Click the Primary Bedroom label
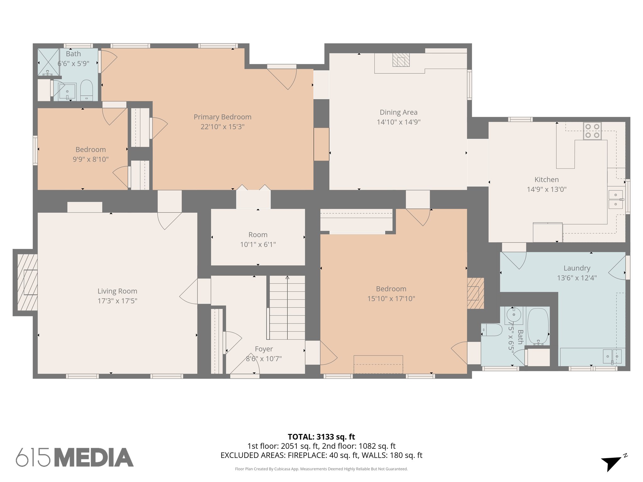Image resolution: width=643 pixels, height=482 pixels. pos(222,117)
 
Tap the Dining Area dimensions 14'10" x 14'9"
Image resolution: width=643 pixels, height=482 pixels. pos(398,122)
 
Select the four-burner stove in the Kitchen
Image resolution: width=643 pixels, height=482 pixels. pos(592,131)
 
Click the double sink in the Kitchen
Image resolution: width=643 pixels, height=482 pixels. pos(615,200)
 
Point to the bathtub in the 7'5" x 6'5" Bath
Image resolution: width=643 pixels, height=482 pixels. pos(538,326)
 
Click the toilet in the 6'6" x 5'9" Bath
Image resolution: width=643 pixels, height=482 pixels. pos(86,90)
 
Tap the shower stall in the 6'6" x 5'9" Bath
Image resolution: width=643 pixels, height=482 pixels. pos(48,62)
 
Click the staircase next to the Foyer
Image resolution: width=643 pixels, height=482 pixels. pos(287,308)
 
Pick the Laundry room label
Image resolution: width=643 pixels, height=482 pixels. pos(577,268)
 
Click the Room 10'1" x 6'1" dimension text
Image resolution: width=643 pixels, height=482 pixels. pos(258,244)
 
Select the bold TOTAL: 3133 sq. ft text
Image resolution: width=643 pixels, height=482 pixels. pos(321,437)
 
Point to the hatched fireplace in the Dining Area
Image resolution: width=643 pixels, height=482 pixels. pos(401,60)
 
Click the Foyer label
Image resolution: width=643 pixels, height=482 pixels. pos(264,349)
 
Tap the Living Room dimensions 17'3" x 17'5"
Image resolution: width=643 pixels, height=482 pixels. pos(117,301)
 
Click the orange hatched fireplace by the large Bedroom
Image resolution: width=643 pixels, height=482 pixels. pos(475,293)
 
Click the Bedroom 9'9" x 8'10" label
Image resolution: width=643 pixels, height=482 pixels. pos(90,150)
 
